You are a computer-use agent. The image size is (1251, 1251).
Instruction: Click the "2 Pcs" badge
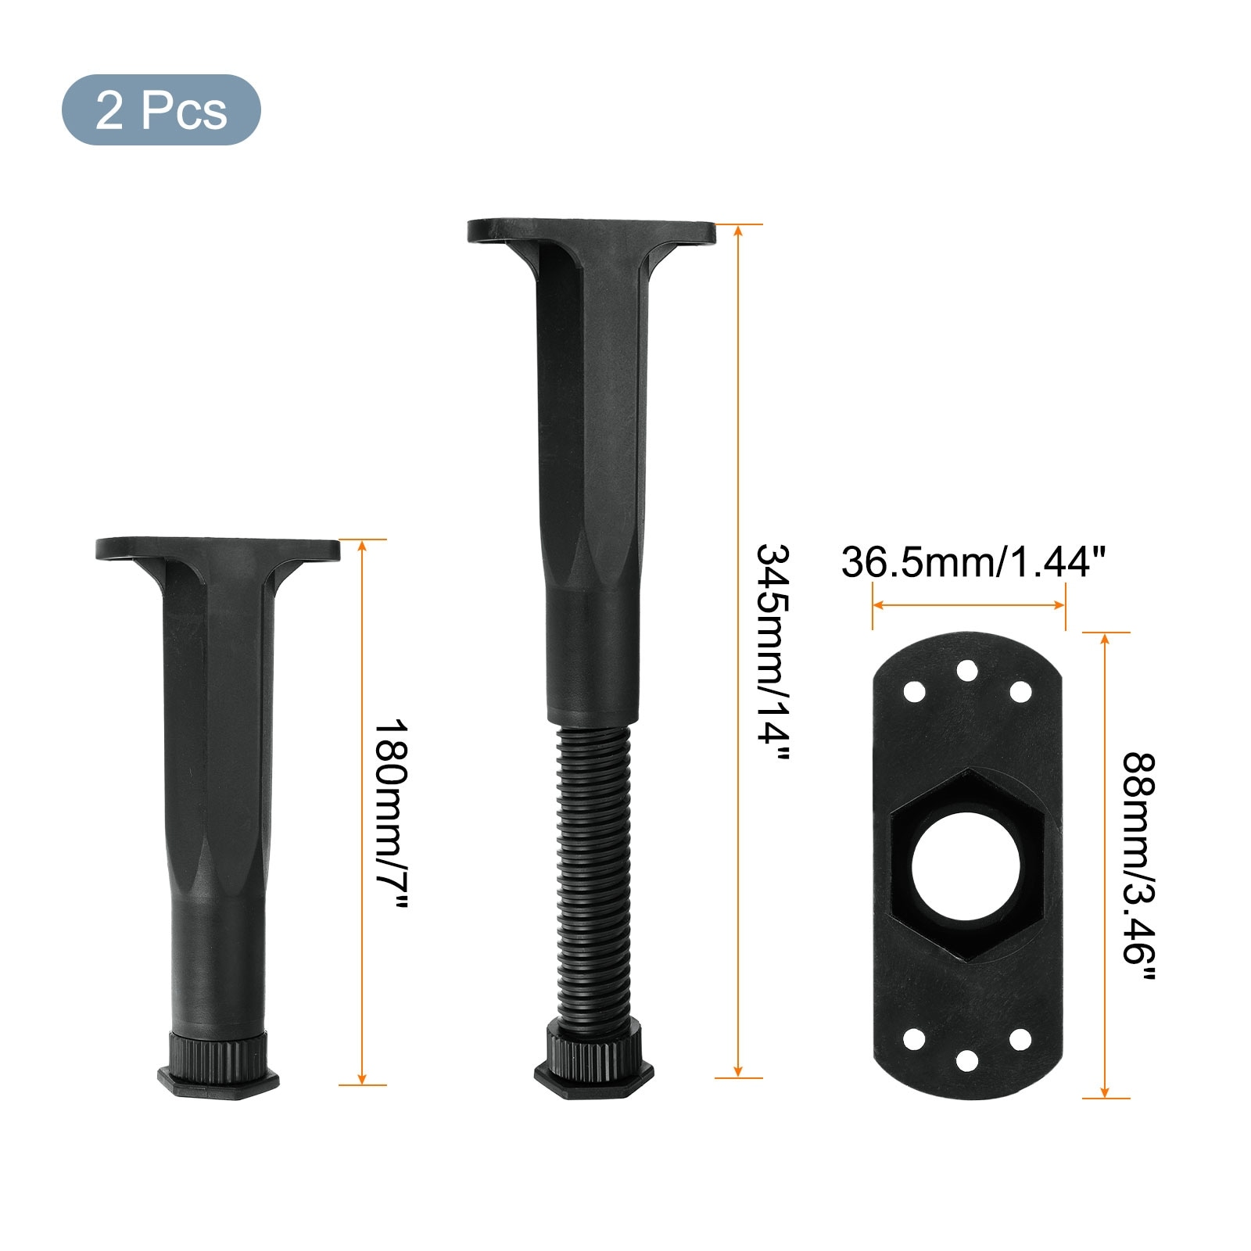[161, 110]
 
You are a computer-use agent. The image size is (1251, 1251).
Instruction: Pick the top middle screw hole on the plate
[967, 670]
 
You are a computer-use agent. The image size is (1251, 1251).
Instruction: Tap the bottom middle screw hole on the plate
[967, 1060]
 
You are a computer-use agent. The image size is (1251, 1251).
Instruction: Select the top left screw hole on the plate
[914, 692]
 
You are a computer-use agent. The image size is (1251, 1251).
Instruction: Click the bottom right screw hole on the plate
[1020, 1039]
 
